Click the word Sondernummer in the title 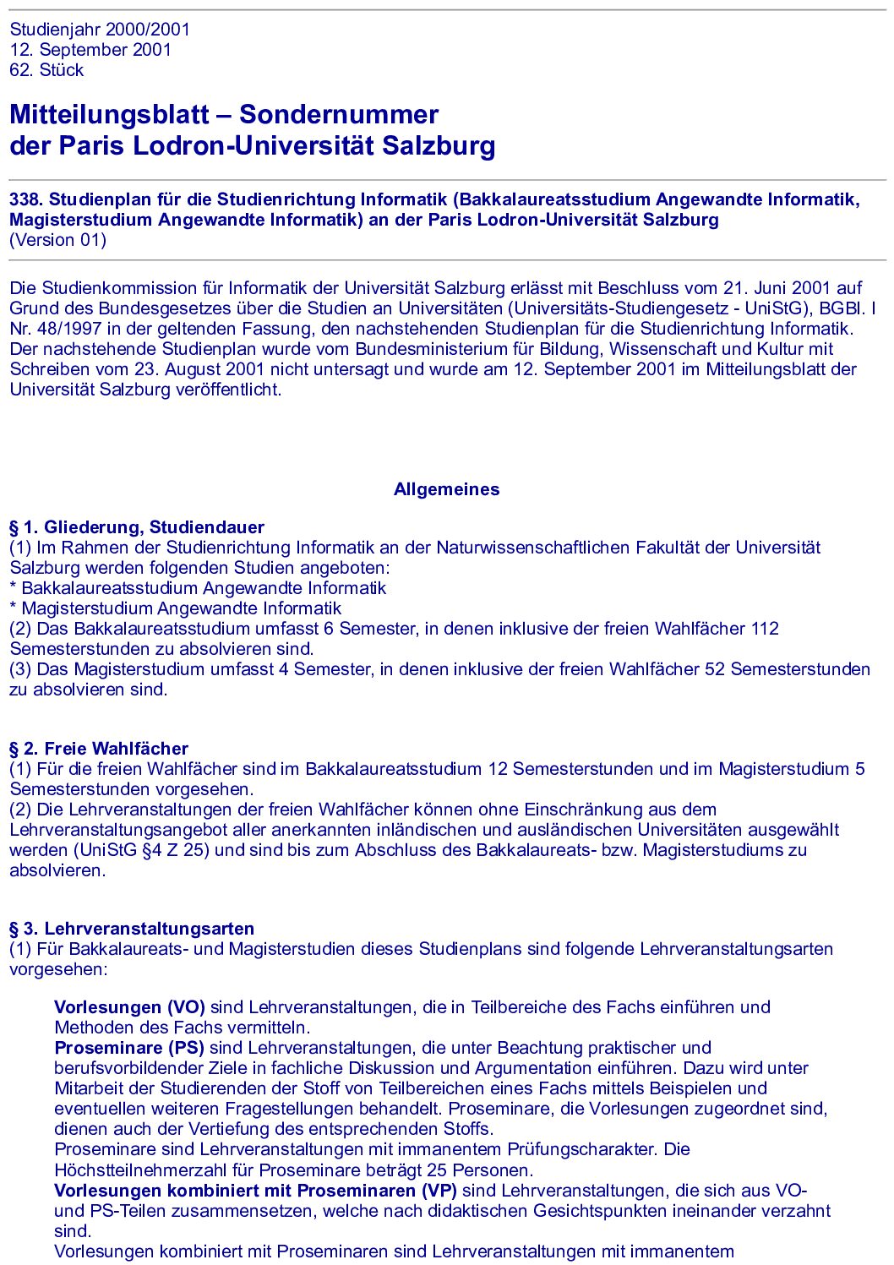(339, 115)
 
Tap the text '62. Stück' (46, 70)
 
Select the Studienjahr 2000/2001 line (100, 30)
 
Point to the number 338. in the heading (26, 199)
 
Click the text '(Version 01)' (57, 240)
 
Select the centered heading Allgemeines (446, 489)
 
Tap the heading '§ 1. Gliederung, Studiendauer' (137, 527)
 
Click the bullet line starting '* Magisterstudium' (176, 608)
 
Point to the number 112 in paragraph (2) (764, 629)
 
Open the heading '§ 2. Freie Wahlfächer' (99, 749)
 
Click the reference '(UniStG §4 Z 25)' (141, 850)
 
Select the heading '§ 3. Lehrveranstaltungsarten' (132, 929)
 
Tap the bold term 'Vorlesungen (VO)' (129, 1007)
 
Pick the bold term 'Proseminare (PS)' (129, 1048)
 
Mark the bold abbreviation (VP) (439, 1191)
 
